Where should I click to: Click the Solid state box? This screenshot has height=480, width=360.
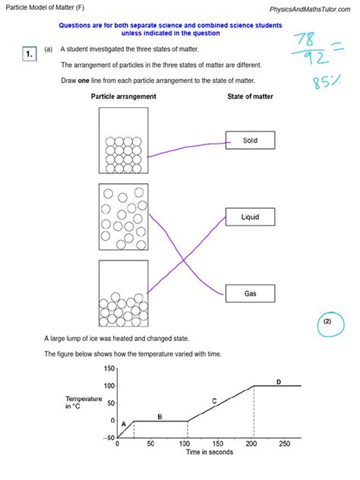pyautogui.click(x=250, y=141)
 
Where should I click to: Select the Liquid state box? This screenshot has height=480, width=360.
pyautogui.click(x=250, y=217)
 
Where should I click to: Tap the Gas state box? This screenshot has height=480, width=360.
pyautogui.click(x=250, y=293)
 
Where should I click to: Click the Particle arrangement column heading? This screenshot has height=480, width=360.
pyautogui.click(x=123, y=96)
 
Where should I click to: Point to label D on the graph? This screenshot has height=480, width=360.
pyautogui.click(x=278, y=382)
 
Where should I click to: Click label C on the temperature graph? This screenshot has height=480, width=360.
pyautogui.click(x=214, y=401)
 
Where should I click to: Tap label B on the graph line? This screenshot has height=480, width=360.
pyautogui.click(x=159, y=416)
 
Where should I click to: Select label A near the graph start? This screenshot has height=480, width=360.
pyautogui.click(x=123, y=424)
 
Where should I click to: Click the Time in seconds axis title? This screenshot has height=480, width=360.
pyautogui.click(x=210, y=453)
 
